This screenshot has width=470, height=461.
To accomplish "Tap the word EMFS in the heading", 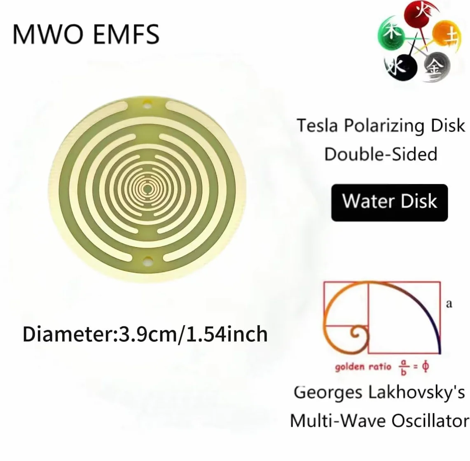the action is point(126,34).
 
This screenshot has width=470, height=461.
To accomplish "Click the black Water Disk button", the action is point(389,203).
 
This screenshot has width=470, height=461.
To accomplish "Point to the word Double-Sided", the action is point(381,154).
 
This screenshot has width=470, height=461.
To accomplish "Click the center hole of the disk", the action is point(147,189).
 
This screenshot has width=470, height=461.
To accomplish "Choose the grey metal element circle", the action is point(437,67).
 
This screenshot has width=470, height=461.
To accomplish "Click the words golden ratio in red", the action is point(363,367).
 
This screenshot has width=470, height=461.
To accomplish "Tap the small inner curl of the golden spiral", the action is point(357,333).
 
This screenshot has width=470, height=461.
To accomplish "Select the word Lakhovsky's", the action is point(416,393).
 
